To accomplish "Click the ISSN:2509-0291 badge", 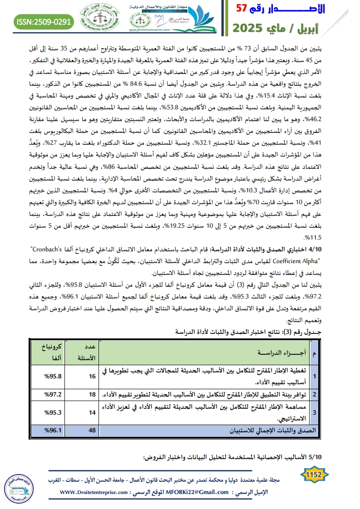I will [44, 21].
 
